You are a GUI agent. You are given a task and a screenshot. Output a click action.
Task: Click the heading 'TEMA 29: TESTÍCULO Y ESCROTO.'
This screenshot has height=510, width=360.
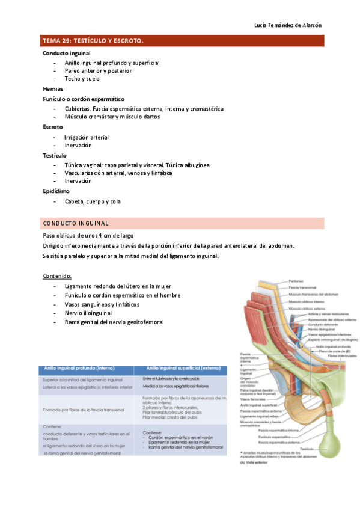[93, 41]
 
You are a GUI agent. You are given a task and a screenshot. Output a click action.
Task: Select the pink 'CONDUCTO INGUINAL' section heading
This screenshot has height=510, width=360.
[76, 223]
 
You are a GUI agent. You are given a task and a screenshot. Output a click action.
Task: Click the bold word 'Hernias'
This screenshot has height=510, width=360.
[53, 88]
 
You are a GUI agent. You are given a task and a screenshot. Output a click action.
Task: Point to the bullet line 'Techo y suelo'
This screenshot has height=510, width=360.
[82, 79]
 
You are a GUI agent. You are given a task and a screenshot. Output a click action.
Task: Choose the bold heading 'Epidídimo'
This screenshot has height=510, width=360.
[56, 191]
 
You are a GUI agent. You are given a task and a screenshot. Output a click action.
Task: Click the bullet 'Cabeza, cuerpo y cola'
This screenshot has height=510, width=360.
[93, 201]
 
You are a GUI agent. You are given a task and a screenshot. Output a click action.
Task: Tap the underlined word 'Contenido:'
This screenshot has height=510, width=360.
[57, 276]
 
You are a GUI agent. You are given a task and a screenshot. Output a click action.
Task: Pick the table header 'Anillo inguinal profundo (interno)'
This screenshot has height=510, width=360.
[88, 368]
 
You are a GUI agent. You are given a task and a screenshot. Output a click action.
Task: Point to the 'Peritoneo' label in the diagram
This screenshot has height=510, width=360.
[296, 281]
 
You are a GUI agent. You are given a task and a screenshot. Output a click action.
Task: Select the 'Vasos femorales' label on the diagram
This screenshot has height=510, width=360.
[252, 399]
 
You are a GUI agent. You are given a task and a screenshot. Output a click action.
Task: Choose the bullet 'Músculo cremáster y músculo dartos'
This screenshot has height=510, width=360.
[112, 117]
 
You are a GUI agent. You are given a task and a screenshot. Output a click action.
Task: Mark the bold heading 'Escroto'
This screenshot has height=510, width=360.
[53, 127]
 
